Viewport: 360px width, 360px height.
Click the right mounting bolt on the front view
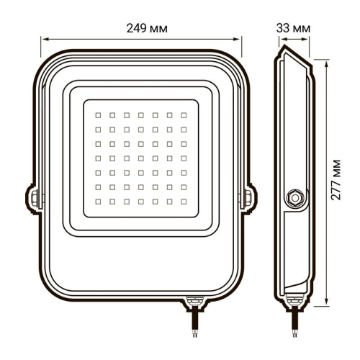point(249,195)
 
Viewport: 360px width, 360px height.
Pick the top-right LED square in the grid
point(184,114)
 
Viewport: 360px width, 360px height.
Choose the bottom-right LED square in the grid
point(184,201)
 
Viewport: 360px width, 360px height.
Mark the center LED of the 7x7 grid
point(141,158)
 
